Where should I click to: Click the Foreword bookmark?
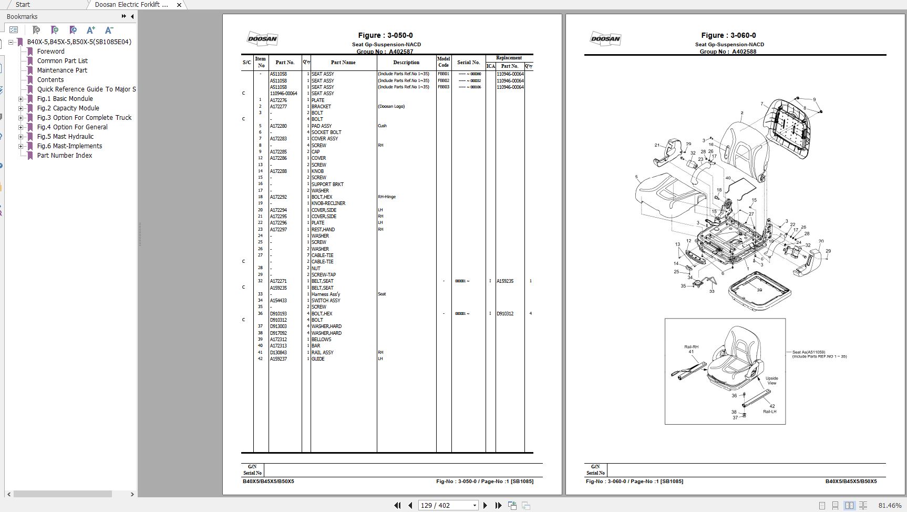click(50, 52)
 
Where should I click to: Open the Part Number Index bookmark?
click(64, 156)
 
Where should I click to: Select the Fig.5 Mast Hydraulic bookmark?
click(65, 137)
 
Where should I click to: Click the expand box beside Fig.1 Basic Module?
click(21, 99)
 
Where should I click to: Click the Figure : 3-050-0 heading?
click(385, 35)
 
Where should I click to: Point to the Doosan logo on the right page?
click(605, 38)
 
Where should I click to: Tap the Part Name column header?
click(343, 63)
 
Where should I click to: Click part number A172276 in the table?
click(279, 100)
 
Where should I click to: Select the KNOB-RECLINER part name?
click(328, 203)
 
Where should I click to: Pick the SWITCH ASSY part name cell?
click(326, 301)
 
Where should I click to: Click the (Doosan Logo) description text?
click(391, 106)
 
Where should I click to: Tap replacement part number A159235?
click(505, 281)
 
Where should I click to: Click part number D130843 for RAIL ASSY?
click(279, 353)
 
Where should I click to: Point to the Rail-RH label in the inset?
click(691, 347)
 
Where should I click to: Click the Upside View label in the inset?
click(771, 381)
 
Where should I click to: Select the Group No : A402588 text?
click(728, 52)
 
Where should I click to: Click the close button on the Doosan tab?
click(179, 5)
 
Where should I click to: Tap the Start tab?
click(23, 5)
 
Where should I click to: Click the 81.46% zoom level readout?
click(890, 506)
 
